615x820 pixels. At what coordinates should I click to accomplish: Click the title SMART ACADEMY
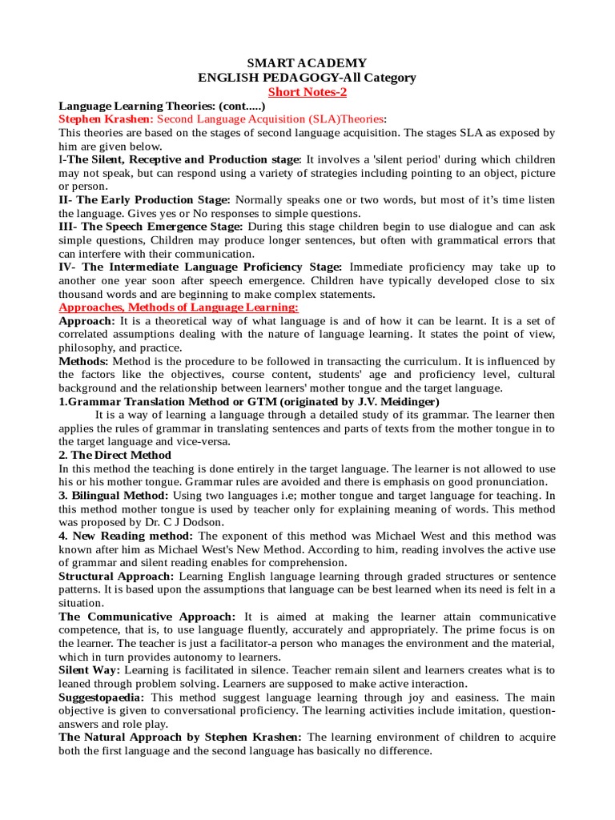[x=307, y=62]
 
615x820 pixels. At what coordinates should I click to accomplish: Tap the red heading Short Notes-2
[x=307, y=92]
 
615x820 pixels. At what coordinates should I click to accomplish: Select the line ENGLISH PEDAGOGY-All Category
[x=307, y=77]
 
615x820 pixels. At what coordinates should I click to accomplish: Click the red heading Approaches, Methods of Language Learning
[x=179, y=307]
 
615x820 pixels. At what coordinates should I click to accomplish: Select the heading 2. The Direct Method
[x=115, y=455]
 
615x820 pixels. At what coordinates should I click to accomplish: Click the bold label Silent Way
[x=89, y=669]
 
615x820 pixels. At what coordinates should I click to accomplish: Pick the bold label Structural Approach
[x=116, y=576]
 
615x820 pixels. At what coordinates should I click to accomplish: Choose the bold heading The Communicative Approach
[x=147, y=616]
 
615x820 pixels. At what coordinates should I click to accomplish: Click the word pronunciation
[x=505, y=481]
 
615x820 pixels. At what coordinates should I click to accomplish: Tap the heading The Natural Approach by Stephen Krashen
[x=180, y=737]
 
